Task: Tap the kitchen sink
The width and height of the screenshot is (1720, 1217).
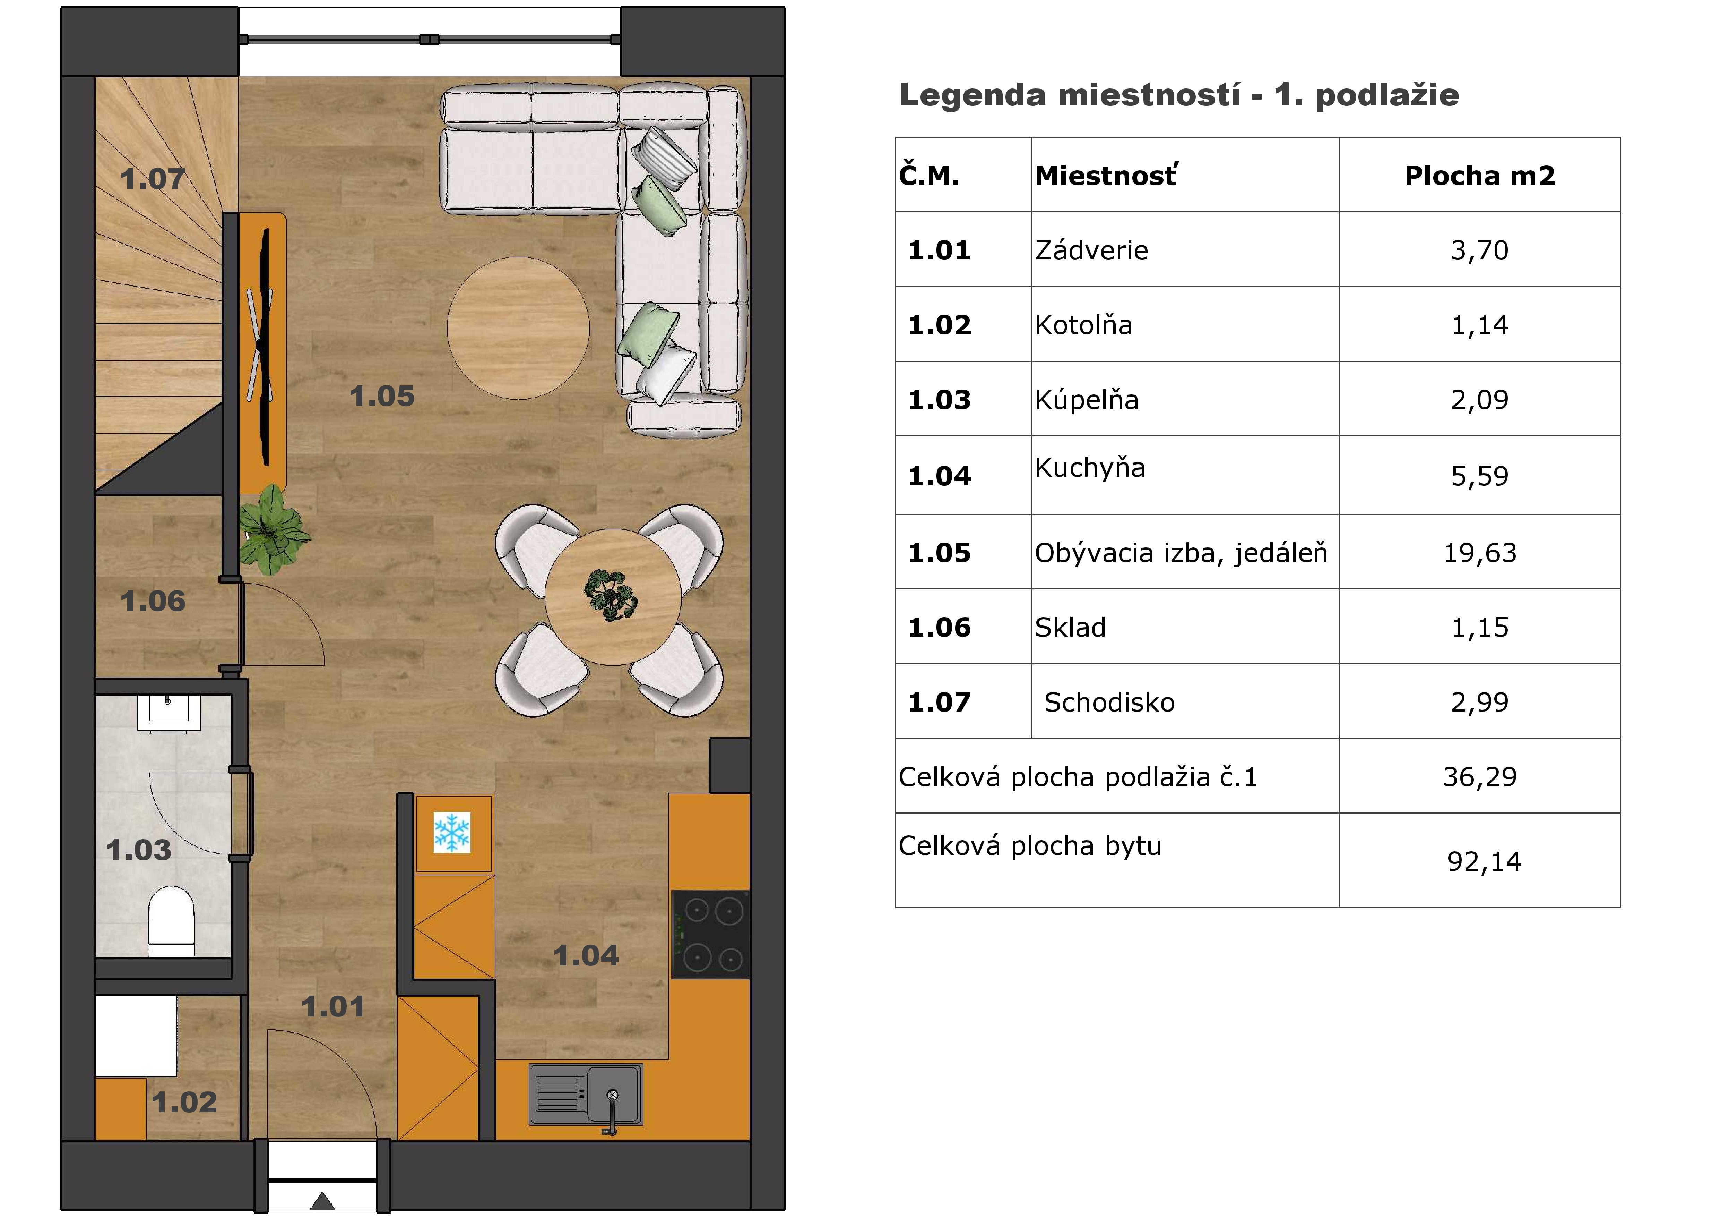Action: pos(586,1095)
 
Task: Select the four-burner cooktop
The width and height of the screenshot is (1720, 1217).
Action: pos(710,935)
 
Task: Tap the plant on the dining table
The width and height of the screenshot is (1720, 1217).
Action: pos(611,595)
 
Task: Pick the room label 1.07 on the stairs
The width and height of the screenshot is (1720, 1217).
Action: pos(153,179)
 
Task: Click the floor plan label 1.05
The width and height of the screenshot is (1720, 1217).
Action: pos(382,397)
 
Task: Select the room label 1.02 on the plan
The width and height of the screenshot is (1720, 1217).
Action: pos(185,1103)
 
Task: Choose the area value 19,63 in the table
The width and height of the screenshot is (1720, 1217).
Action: pos(1479,553)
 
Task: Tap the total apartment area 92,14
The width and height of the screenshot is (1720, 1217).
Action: pos(1484,862)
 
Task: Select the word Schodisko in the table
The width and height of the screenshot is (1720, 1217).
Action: pos(1109,702)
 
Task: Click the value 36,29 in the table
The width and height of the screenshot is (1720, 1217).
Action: pos(1479,777)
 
